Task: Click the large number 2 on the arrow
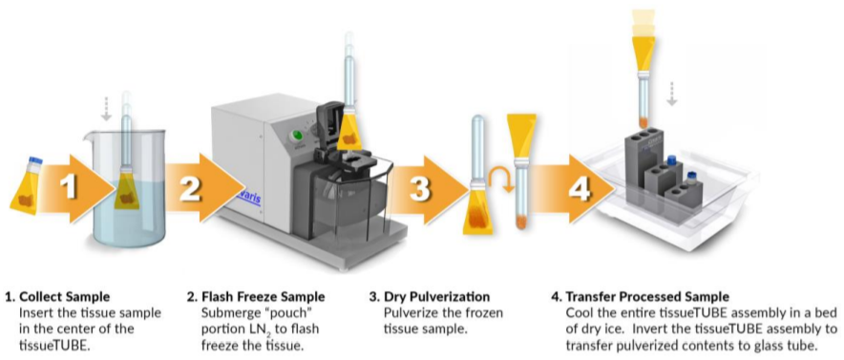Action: click(191, 187)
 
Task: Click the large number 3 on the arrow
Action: click(419, 188)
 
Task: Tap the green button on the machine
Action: click(294, 133)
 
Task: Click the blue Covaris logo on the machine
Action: click(248, 199)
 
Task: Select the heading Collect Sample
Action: click(65, 297)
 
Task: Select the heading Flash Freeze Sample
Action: click(264, 297)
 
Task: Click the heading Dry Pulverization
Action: click(436, 297)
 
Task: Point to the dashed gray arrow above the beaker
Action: click(106, 110)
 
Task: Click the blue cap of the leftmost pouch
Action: click(36, 159)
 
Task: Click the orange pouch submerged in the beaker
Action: click(126, 192)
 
